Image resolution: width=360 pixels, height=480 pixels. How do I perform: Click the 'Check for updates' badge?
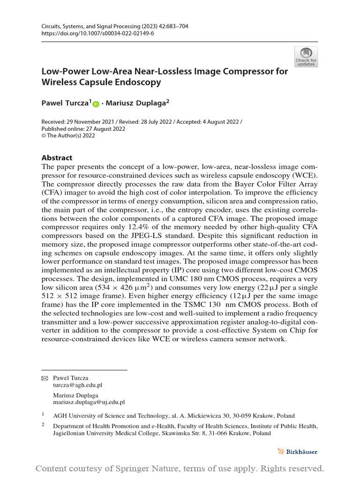(306, 57)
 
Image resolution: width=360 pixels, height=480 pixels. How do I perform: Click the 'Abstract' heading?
(57, 158)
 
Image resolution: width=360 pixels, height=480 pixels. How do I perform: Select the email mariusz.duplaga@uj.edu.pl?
(89, 402)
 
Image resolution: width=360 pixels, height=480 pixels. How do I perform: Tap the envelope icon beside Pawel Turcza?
(45, 377)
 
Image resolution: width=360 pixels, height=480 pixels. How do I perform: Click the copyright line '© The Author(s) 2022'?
(68, 136)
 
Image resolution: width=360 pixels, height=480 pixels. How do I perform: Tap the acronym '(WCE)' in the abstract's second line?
(305, 175)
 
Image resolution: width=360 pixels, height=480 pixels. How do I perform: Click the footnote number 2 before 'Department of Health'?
(43, 425)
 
